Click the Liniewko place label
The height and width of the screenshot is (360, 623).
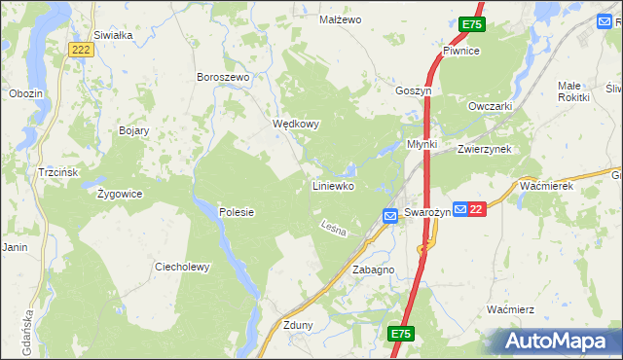332,185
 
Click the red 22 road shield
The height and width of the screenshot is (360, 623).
476,209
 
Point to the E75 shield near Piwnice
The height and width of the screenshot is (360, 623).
472,23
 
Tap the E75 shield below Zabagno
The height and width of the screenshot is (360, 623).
401,334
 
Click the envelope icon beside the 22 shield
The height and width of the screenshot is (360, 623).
459,209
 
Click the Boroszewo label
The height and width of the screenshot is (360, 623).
224,77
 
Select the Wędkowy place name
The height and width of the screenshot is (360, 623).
296,125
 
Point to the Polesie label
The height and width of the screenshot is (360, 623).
237,212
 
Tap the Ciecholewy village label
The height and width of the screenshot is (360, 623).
183,267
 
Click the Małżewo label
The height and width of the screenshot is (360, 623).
341,19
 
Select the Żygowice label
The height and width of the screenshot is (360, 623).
120,193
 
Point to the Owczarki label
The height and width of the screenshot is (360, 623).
490,106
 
